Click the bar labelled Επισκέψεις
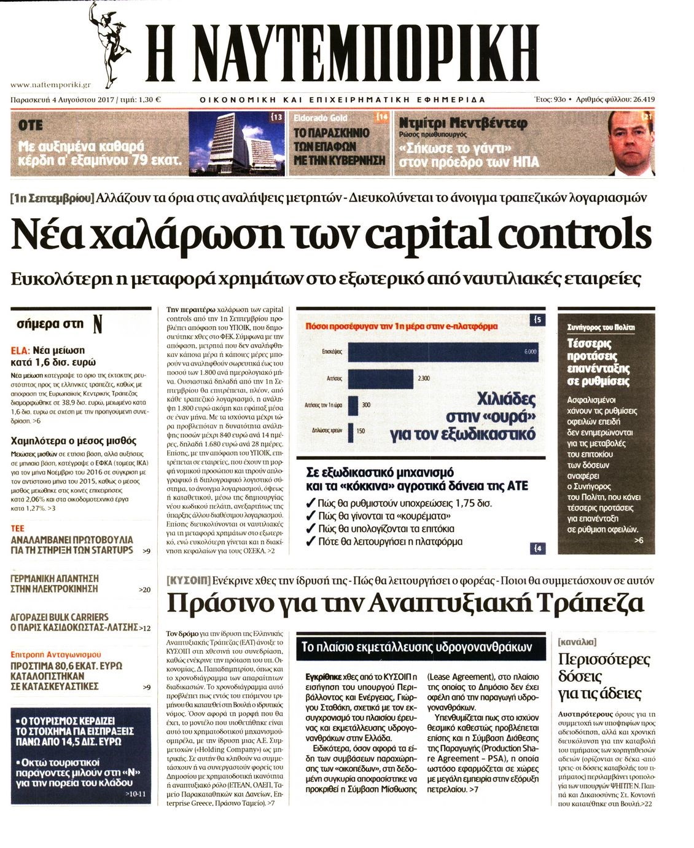click(442, 351)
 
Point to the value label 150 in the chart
click(361, 431)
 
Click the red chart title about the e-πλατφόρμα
click(401, 326)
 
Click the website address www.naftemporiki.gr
click(51, 85)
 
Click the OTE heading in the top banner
click(31, 125)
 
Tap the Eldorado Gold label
click(320, 118)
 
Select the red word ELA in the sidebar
click(20, 350)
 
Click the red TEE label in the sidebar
click(18, 528)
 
